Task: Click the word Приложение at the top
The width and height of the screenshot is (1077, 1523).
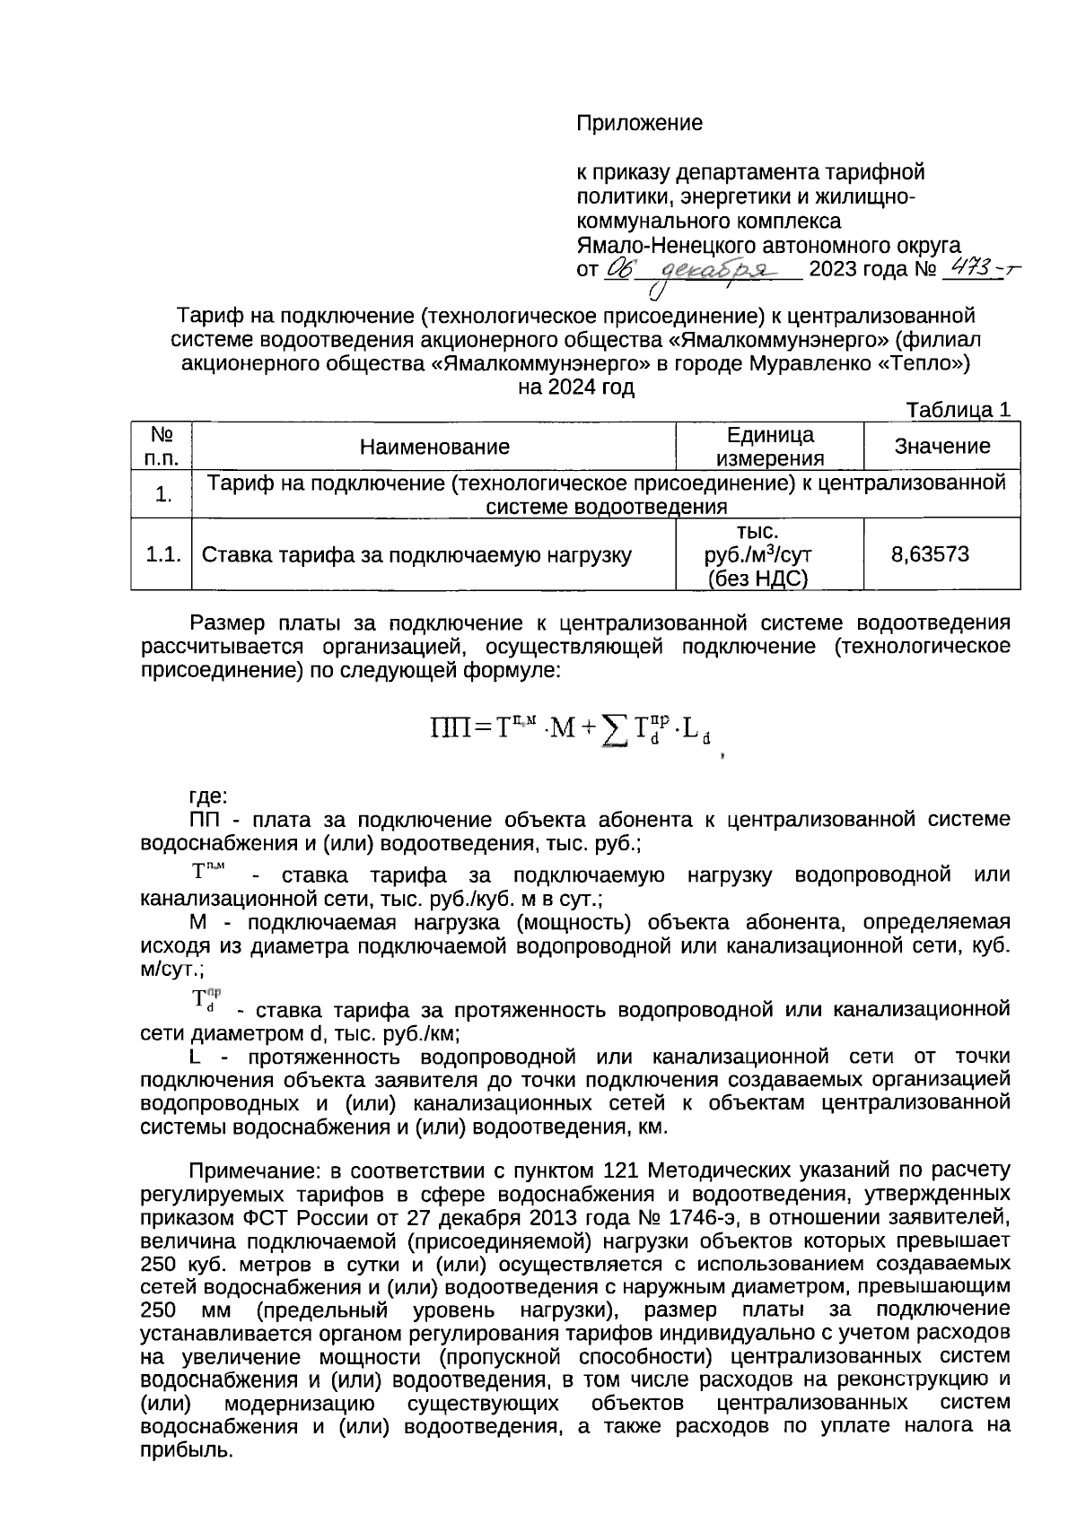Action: coord(638,124)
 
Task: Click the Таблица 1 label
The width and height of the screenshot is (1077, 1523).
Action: coord(959,410)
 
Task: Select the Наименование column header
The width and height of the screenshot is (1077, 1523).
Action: coord(434,447)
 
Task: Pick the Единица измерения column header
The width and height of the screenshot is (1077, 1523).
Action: coord(770,447)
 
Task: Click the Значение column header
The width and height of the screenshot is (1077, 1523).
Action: coord(941,446)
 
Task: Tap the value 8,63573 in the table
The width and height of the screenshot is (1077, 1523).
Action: coord(930,553)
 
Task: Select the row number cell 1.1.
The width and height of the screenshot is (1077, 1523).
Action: coord(162,554)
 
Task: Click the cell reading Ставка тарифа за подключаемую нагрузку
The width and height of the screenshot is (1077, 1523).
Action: coord(416,555)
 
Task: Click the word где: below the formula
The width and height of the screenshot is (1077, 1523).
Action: coord(209,795)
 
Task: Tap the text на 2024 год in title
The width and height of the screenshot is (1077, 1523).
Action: coord(576,387)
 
